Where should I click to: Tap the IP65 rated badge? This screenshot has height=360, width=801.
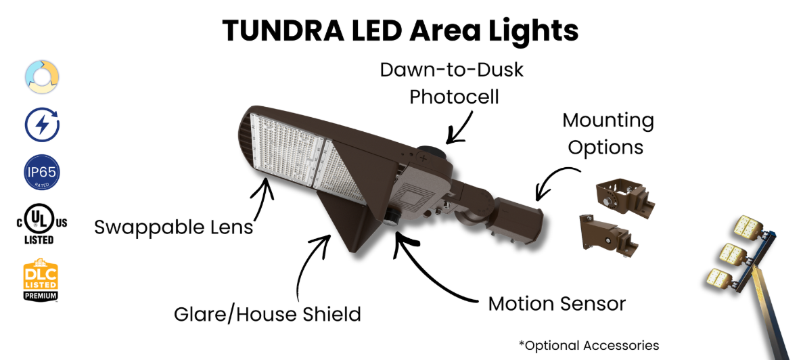[41, 173]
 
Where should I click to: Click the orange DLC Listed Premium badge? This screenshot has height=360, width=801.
[41, 278]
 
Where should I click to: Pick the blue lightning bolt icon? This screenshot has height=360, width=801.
[41, 125]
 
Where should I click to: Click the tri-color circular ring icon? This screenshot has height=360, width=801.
[41, 78]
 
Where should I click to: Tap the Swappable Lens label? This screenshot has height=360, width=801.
[174, 227]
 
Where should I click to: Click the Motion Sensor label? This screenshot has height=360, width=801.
[557, 303]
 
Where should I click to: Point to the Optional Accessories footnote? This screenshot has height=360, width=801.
[589, 345]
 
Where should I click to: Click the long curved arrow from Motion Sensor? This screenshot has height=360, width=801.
[433, 271]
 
